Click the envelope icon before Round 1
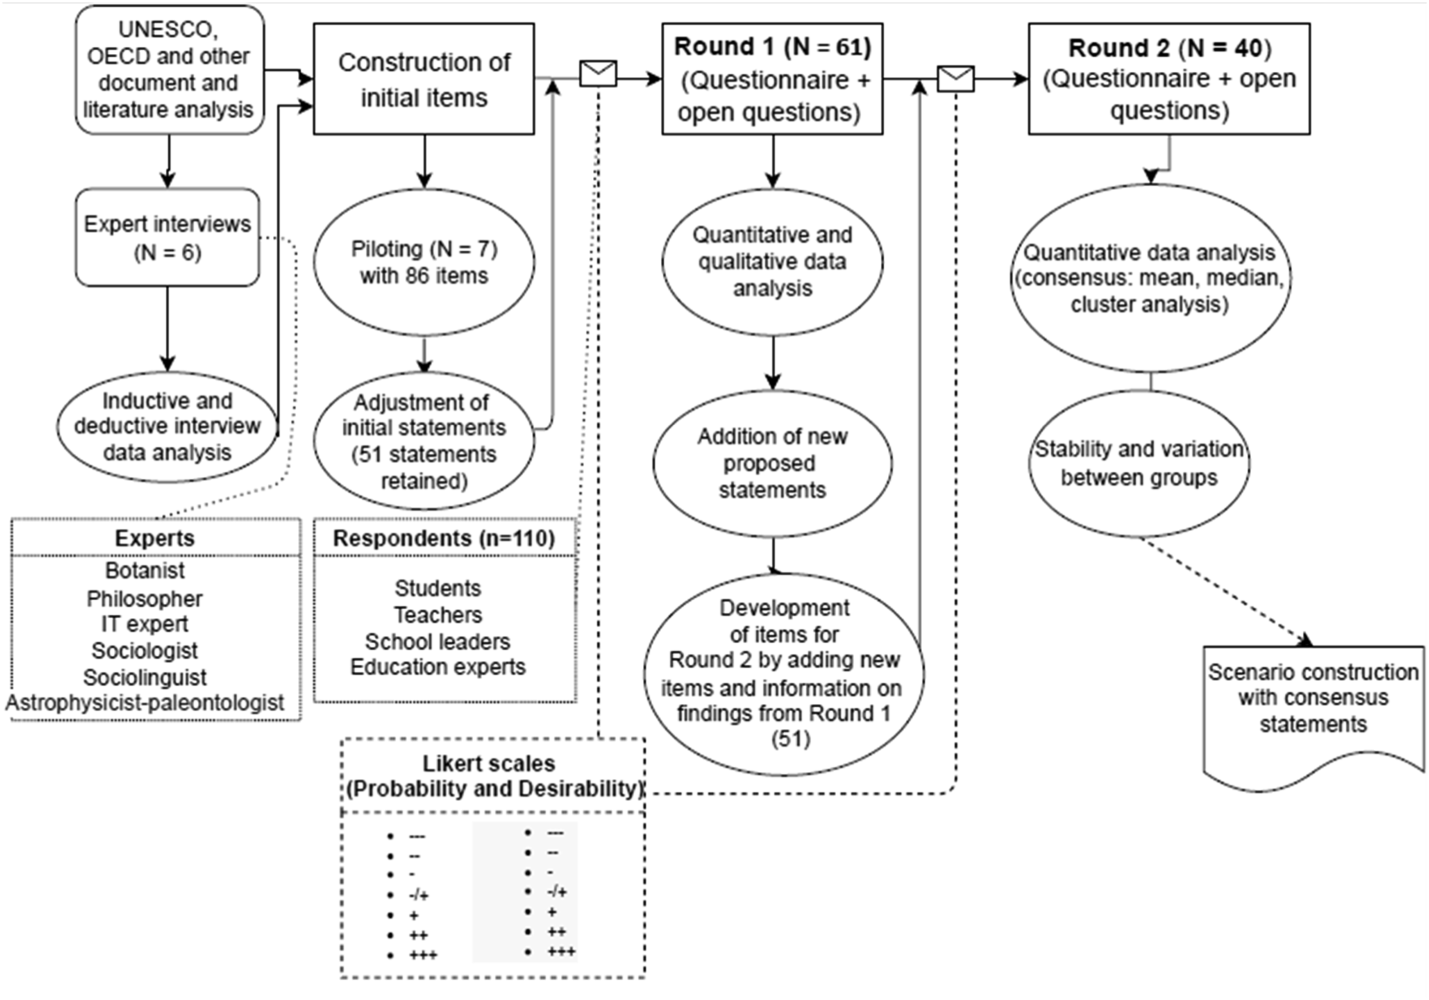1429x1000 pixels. click(x=598, y=73)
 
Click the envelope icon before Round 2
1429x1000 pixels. click(x=956, y=79)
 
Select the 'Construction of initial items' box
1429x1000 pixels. click(x=424, y=79)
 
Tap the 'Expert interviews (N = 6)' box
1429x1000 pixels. click(x=167, y=238)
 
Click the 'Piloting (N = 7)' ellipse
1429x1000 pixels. click(x=424, y=262)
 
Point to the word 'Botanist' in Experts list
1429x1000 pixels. click(x=145, y=570)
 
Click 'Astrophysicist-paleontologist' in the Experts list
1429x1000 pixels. click(x=145, y=702)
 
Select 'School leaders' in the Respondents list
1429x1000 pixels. click(x=437, y=641)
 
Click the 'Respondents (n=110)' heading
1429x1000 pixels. click(x=444, y=538)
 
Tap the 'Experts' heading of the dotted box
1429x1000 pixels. click(x=154, y=538)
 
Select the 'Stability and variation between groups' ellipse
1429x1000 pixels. click(x=1139, y=464)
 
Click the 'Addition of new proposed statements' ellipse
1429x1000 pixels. click(x=772, y=464)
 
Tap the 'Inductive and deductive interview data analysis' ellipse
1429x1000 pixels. click(x=167, y=427)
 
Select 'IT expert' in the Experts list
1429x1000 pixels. click(x=145, y=624)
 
